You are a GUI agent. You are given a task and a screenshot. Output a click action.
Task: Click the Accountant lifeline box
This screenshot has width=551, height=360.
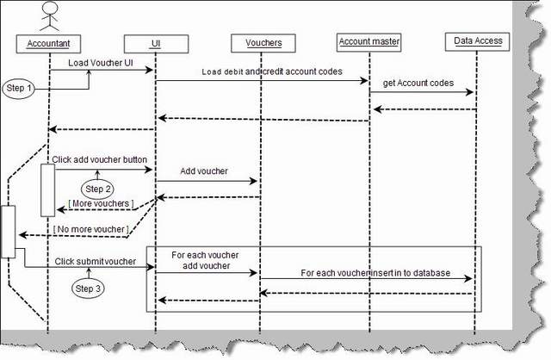tap(48, 42)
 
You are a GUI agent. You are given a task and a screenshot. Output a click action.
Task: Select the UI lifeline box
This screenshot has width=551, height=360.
tap(155, 42)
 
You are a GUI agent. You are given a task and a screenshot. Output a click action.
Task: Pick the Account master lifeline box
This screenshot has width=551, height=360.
tap(369, 40)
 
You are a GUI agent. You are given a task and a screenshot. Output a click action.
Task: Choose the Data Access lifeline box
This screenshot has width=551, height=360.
tap(476, 40)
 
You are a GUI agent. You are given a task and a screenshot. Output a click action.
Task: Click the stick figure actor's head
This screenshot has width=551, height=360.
tap(49, 9)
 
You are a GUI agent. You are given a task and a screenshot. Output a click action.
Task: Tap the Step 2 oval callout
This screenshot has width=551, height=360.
tap(97, 188)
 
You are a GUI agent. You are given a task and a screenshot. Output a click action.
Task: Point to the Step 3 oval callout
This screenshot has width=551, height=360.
tap(89, 288)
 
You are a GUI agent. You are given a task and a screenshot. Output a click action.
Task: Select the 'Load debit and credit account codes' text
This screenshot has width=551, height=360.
tap(271, 72)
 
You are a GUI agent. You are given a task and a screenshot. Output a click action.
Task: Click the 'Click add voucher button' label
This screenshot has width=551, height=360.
tap(99, 159)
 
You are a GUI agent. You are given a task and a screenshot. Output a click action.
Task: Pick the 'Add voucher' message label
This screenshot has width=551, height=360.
tap(204, 171)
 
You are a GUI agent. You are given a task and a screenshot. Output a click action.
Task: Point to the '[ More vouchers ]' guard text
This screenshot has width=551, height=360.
tap(102, 203)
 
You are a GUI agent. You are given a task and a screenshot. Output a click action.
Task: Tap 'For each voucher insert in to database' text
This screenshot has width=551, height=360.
tap(375, 272)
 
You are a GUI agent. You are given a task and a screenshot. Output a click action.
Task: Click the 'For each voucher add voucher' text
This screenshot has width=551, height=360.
tap(205, 261)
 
